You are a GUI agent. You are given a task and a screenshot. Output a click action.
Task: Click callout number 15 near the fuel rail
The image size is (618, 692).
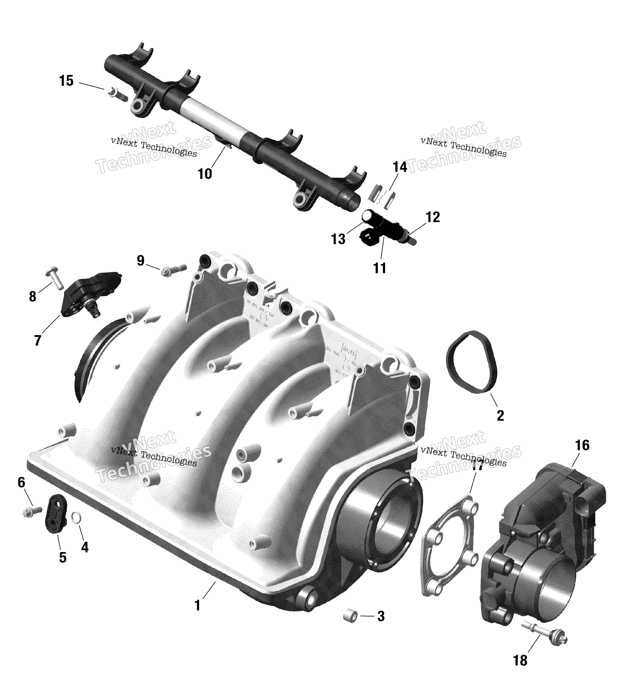click(x=66, y=81)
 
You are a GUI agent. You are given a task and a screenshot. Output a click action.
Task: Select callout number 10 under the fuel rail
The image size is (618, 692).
click(x=205, y=174)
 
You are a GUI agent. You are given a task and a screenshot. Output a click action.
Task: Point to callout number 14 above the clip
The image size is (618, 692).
click(x=400, y=167)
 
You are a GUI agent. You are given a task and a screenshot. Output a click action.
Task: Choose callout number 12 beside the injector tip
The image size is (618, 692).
click(x=433, y=217)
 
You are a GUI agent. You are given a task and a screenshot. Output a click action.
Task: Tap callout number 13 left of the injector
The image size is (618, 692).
click(x=338, y=239)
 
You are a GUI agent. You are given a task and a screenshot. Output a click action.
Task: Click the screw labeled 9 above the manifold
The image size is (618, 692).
click(x=174, y=269)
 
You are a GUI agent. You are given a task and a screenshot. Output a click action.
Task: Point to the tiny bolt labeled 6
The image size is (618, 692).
click(x=32, y=511)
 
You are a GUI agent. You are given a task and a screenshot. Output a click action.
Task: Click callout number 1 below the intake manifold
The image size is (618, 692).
click(x=197, y=605)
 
